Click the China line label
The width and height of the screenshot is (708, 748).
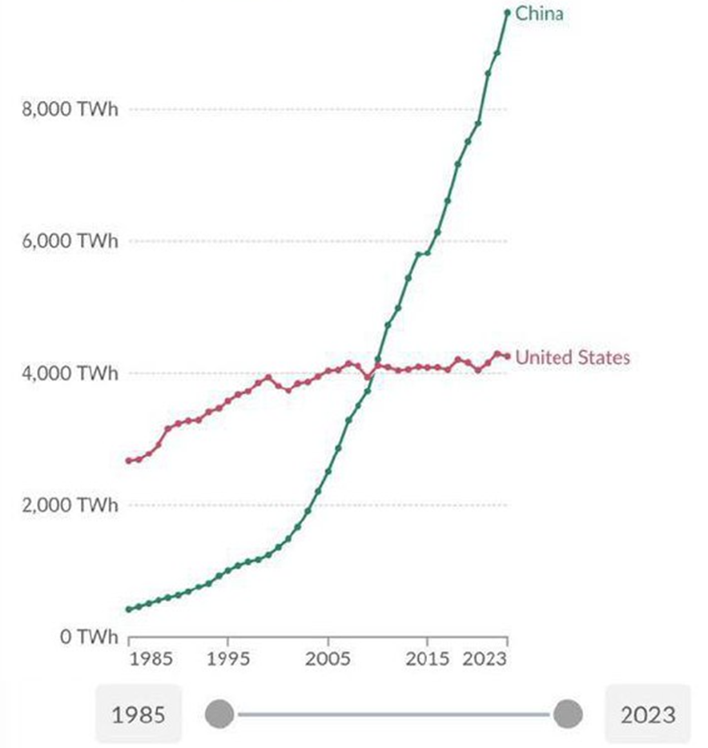coord(539,14)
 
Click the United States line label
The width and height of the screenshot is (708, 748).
coord(572,357)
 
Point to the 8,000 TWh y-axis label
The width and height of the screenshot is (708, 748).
coord(70,110)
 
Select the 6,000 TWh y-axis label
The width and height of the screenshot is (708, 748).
coord(70,242)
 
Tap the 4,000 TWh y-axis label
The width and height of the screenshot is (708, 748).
coord(70,373)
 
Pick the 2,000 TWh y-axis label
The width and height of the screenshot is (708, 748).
coord(70,505)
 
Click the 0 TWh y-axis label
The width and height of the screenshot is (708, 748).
coord(84,637)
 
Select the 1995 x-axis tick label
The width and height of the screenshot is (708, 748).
coord(228,661)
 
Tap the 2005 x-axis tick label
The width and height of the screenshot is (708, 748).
coord(328,661)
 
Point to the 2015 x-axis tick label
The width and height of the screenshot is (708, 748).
coord(427,661)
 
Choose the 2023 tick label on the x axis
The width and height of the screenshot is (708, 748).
coord(485,661)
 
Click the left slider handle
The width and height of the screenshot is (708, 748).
coord(219,713)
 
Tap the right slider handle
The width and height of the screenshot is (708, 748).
coord(568,713)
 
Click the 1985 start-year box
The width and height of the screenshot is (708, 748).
coord(138,714)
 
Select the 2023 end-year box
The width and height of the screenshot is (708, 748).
coord(647,714)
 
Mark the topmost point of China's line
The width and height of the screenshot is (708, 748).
coord(507,12)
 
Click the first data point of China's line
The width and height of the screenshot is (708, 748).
coord(128,609)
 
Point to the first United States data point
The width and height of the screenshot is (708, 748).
coord(128,460)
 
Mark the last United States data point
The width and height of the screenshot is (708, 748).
coord(507,356)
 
